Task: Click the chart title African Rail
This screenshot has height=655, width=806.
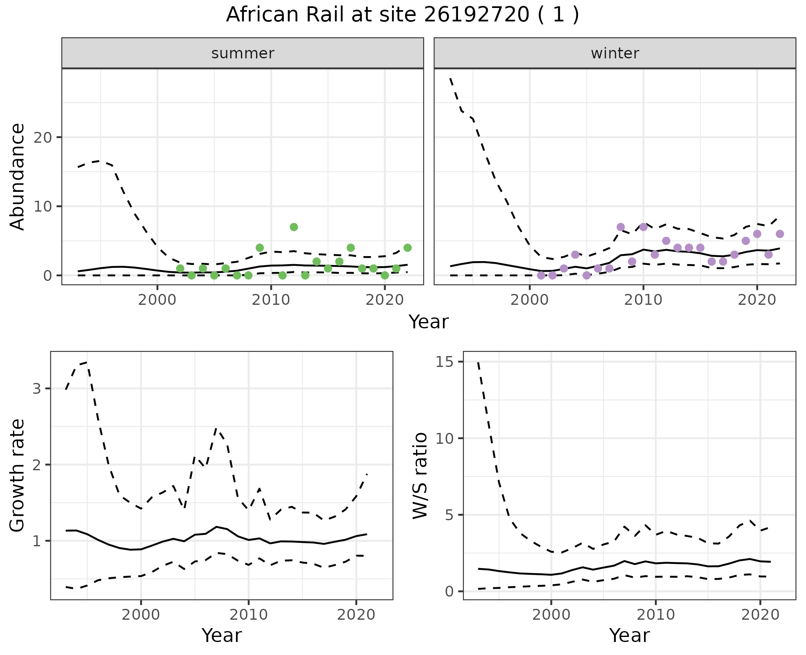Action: tap(402, 15)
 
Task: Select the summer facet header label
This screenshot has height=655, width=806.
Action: tap(243, 53)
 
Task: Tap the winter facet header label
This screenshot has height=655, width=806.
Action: tap(615, 53)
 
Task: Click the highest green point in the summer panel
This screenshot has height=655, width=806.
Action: tap(294, 227)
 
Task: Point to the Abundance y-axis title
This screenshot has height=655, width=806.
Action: tap(18, 176)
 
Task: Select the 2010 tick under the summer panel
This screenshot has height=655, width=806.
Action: tap(271, 300)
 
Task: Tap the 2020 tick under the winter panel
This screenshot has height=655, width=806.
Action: tap(757, 300)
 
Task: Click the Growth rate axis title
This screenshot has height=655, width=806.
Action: tap(18, 475)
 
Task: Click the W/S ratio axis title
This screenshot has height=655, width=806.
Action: tap(420, 475)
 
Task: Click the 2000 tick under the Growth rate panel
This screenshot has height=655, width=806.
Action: tap(141, 615)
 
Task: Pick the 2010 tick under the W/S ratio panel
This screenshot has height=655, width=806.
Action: tap(656, 615)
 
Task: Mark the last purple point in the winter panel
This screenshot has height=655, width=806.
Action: tap(780, 234)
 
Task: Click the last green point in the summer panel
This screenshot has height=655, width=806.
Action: tap(407, 248)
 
